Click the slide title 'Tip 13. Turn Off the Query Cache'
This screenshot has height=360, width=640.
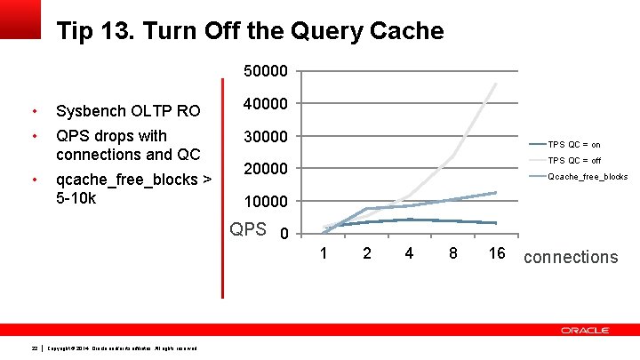[x=250, y=32]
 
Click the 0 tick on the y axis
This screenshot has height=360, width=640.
[x=283, y=235]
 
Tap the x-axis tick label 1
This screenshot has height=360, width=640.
[x=324, y=254]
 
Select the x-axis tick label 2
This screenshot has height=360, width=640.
[x=366, y=254]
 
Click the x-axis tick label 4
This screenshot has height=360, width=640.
[x=409, y=254]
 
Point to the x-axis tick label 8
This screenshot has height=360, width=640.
[x=452, y=254]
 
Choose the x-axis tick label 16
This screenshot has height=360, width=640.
[x=496, y=254]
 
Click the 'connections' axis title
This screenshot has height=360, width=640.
[x=571, y=257]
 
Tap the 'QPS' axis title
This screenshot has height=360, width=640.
[x=248, y=229]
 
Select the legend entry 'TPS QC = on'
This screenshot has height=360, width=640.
[x=573, y=144]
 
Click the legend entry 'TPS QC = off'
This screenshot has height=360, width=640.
[x=574, y=161]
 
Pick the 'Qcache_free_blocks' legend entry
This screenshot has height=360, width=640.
[x=588, y=177]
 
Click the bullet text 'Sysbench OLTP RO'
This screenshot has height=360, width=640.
[x=128, y=111]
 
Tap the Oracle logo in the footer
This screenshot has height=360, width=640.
[x=585, y=330]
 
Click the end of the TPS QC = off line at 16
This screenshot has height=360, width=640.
[x=496, y=84]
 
